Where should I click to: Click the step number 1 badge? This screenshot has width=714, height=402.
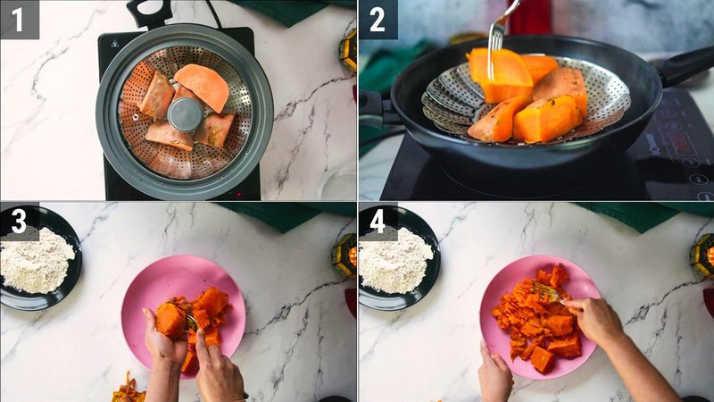click(x=19, y=19)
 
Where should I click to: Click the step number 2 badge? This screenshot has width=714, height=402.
click(x=378, y=19)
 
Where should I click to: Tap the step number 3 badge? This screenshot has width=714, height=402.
click(x=19, y=222)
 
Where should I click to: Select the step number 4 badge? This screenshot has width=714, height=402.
click(x=378, y=222)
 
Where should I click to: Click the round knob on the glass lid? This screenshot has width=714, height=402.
click(x=185, y=113)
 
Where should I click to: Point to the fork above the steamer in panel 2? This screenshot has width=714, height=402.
click(x=496, y=36)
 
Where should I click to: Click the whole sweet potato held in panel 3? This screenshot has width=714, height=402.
click(x=170, y=319)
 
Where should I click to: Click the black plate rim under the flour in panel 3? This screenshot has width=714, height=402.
click(x=54, y=302)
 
